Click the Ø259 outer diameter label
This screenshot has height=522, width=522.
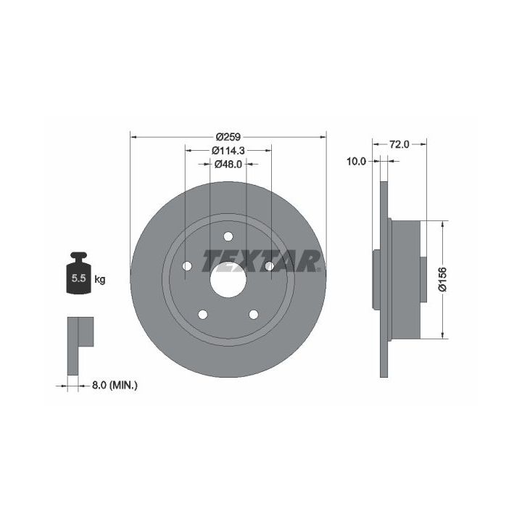(x=228, y=137)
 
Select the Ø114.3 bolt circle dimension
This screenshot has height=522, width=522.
(x=228, y=151)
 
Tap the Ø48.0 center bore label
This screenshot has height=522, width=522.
(x=228, y=164)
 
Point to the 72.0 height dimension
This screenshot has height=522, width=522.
(x=399, y=144)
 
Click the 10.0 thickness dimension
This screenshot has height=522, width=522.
(x=356, y=162)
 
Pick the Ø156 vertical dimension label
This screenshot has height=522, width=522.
(x=443, y=279)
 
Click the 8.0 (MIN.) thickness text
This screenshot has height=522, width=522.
(x=115, y=386)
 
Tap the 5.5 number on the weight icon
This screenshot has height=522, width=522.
(x=79, y=278)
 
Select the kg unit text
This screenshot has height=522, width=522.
(x=100, y=279)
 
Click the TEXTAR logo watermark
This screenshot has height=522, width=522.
(x=262, y=261)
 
